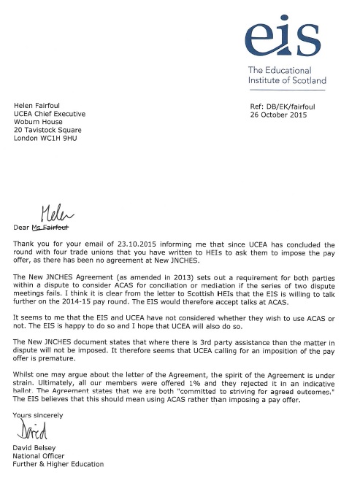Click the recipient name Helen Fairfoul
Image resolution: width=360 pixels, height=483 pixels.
tap(40, 106)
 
